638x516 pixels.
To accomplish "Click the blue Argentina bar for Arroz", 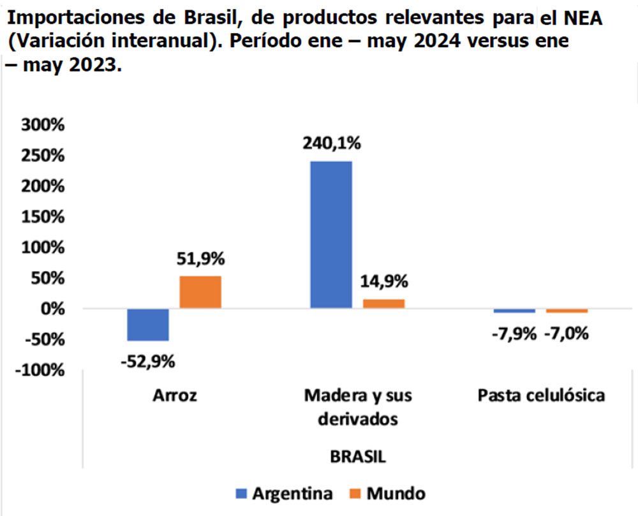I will tap(148, 325).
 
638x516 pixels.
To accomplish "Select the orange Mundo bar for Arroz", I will tap(200, 293).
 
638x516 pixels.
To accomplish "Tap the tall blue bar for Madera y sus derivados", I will tap(331, 235).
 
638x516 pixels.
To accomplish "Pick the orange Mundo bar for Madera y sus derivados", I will tap(383, 304).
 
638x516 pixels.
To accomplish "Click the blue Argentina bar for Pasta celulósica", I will tap(514, 311).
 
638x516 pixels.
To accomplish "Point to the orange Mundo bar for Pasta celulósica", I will tap(567, 311).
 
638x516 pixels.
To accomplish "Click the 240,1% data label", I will tap(331, 144).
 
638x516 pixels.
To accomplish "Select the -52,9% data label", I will tap(148, 361).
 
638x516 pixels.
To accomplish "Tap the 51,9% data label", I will tap(200, 260).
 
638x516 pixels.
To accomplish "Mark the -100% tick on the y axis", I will tap(40, 370).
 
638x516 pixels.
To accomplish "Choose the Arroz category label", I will tap(174, 396).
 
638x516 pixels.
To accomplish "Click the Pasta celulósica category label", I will tap(541, 396).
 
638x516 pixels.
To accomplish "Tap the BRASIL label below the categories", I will tap(358, 457).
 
